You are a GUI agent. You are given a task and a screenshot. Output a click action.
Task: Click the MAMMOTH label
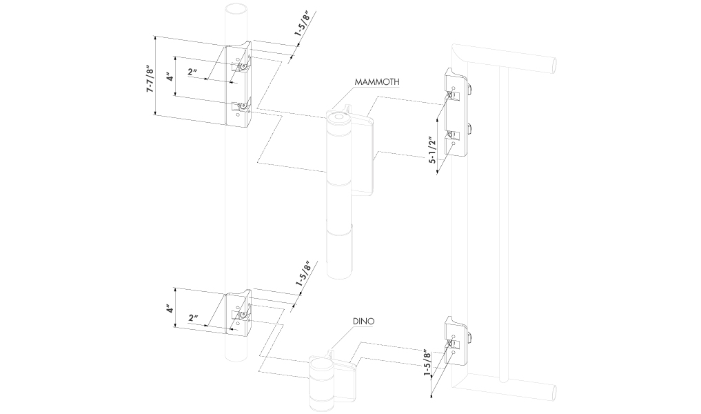pos(378,81)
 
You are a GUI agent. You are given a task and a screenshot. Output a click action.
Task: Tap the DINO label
pos(362,322)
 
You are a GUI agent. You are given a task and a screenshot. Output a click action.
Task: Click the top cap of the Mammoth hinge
pos(338,118)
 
